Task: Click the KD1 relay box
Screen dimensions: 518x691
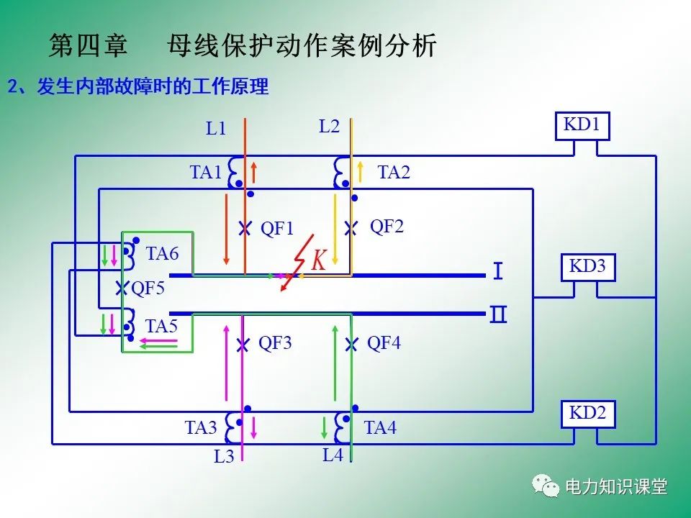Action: tap(582, 125)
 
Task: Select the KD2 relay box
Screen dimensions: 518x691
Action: tap(588, 413)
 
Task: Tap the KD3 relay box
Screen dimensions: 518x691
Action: tap(588, 267)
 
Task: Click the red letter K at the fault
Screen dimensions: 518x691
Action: tap(319, 260)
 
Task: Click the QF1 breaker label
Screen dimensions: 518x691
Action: tap(277, 229)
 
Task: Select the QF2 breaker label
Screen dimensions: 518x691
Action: tap(387, 227)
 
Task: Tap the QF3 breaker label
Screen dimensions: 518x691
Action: tap(275, 343)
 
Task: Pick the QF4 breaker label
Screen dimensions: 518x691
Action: tap(384, 343)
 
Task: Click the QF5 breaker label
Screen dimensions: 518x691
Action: tap(148, 288)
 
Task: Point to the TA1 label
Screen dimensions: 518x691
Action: tap(206, 173)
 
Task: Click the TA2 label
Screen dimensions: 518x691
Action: tap(394, 173)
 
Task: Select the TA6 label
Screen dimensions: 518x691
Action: tap(162, 253)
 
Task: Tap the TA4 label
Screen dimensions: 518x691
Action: tap(380, 428)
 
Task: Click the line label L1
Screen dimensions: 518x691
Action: tap(216, 129)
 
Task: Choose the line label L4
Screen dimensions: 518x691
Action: tap(333, 455)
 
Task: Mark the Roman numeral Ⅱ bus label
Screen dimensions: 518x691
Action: tap(498, 315)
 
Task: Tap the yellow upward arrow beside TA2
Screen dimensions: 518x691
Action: tap(361, 172)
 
